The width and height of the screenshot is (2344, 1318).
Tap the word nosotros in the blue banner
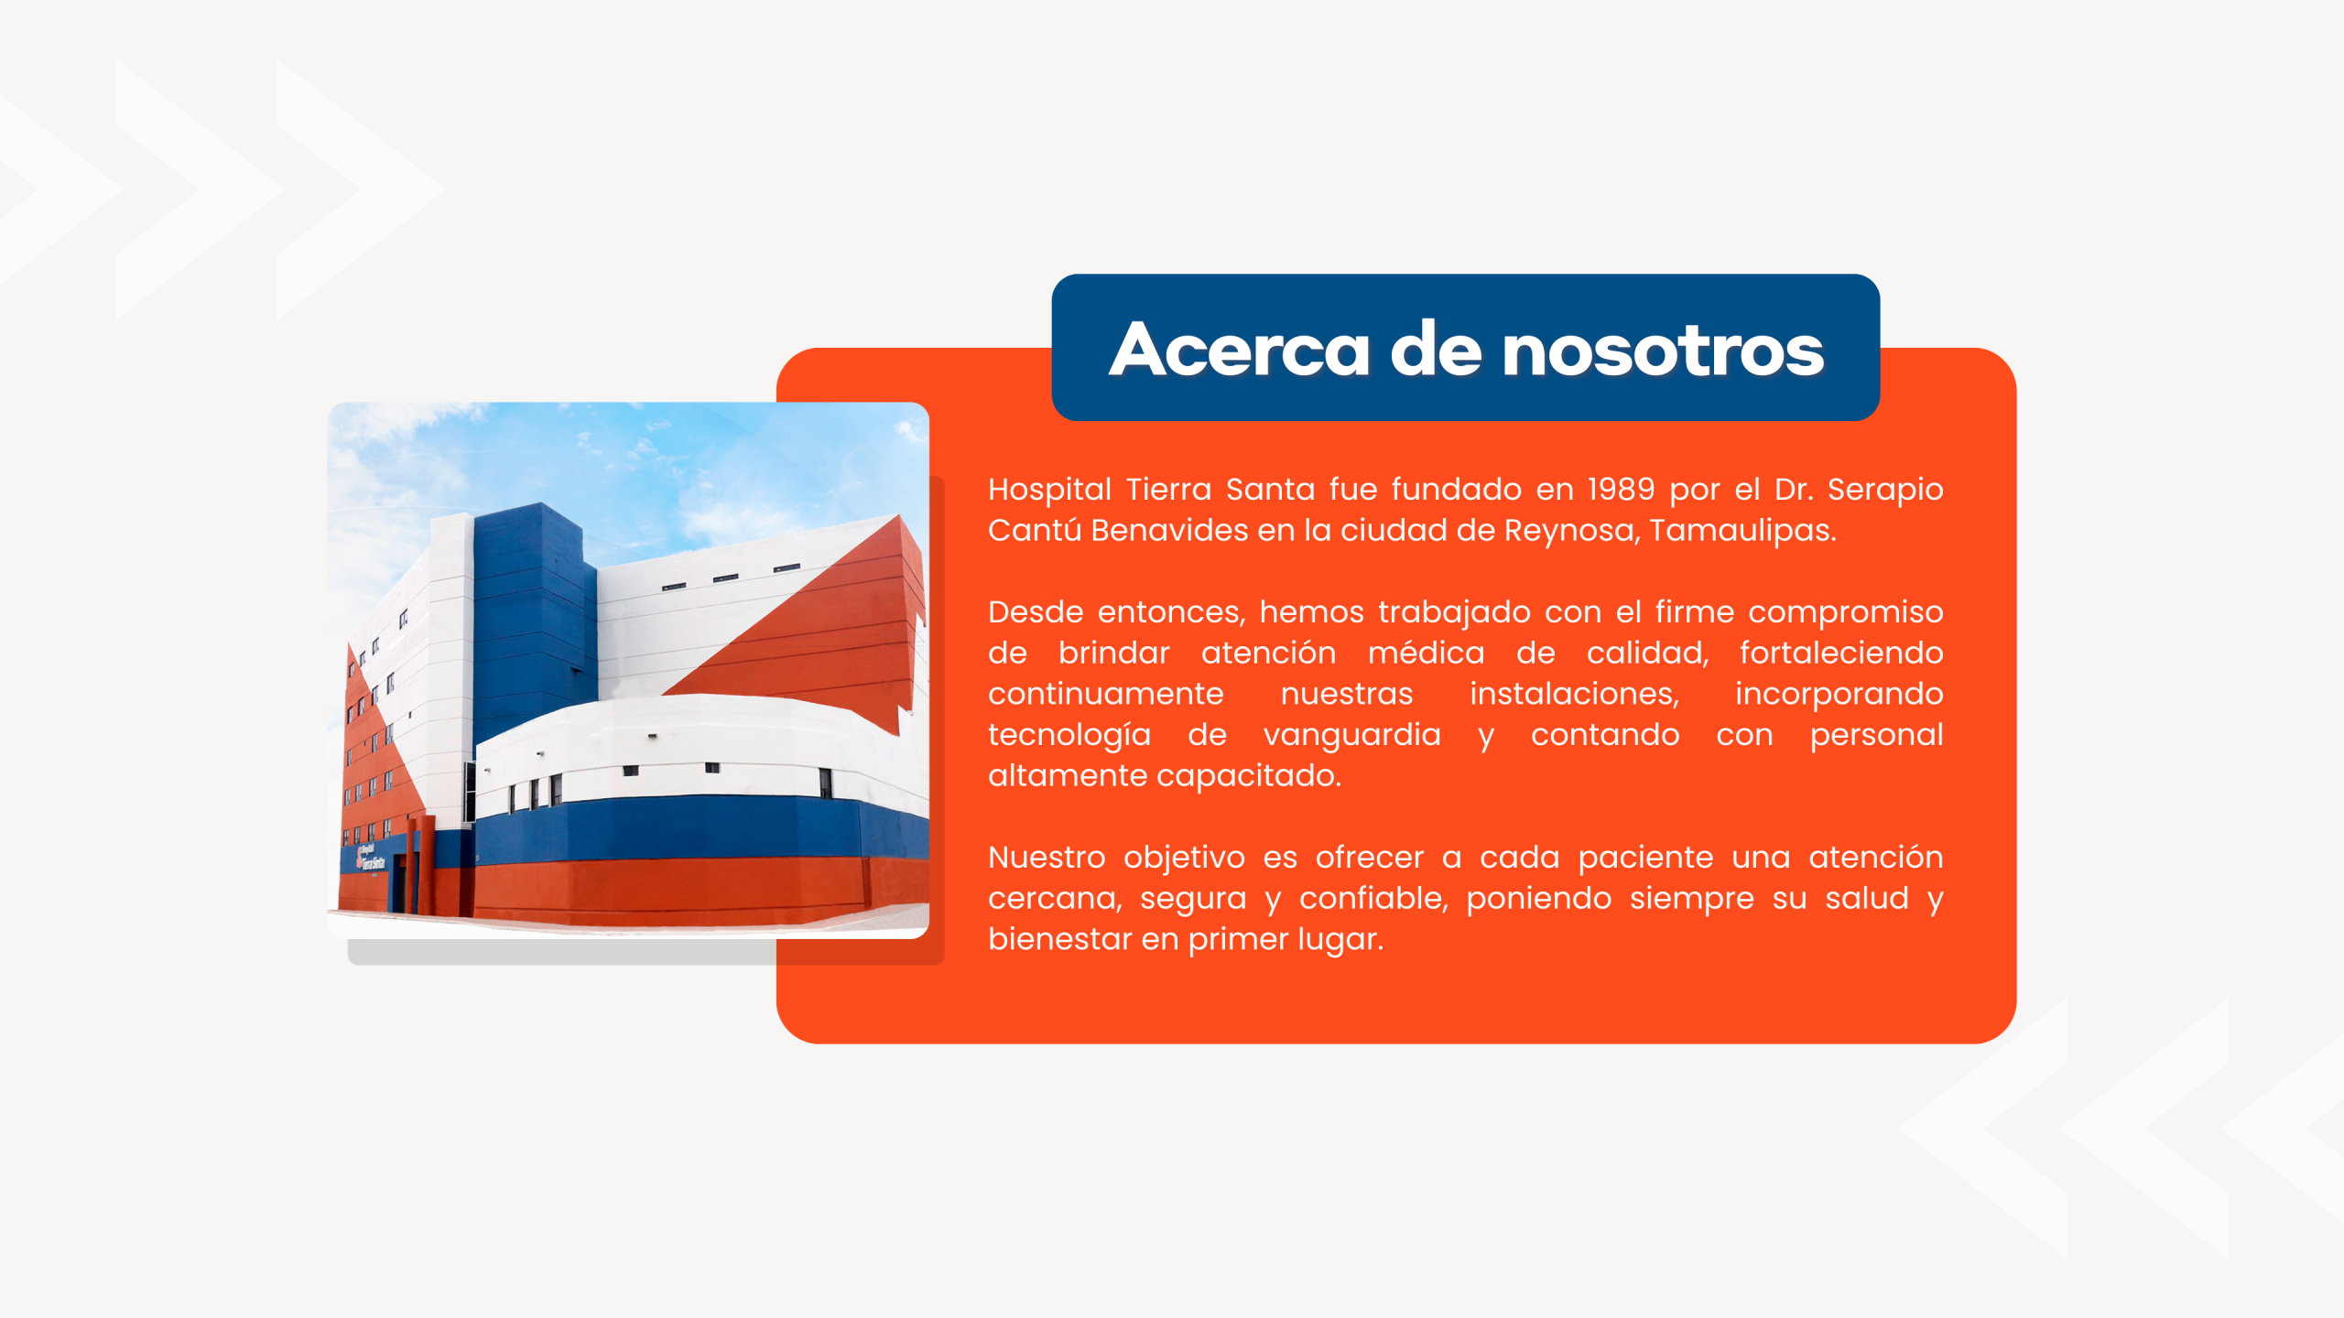pyautogui.click(x=1662, y=351)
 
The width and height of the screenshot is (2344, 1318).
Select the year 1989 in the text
pyautogui.click(x=1621, y=490)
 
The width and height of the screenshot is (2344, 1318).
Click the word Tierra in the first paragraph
pyautogui.click(x=1168, y=490)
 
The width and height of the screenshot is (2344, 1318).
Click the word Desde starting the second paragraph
pyautogui.click(x=1036, y=612)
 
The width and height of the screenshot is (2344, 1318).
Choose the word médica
pyautogui.click(x=1426, y=654)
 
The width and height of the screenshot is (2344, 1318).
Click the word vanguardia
pyautogui.click(x=1351, y=736)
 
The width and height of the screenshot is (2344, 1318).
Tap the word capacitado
pyautogui.click(x=1249, y=777)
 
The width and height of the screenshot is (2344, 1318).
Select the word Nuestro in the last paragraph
pyautogui.click(x=1047, y=859)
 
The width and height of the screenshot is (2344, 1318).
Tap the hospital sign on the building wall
pyautogui.click(x=370, y=859)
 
